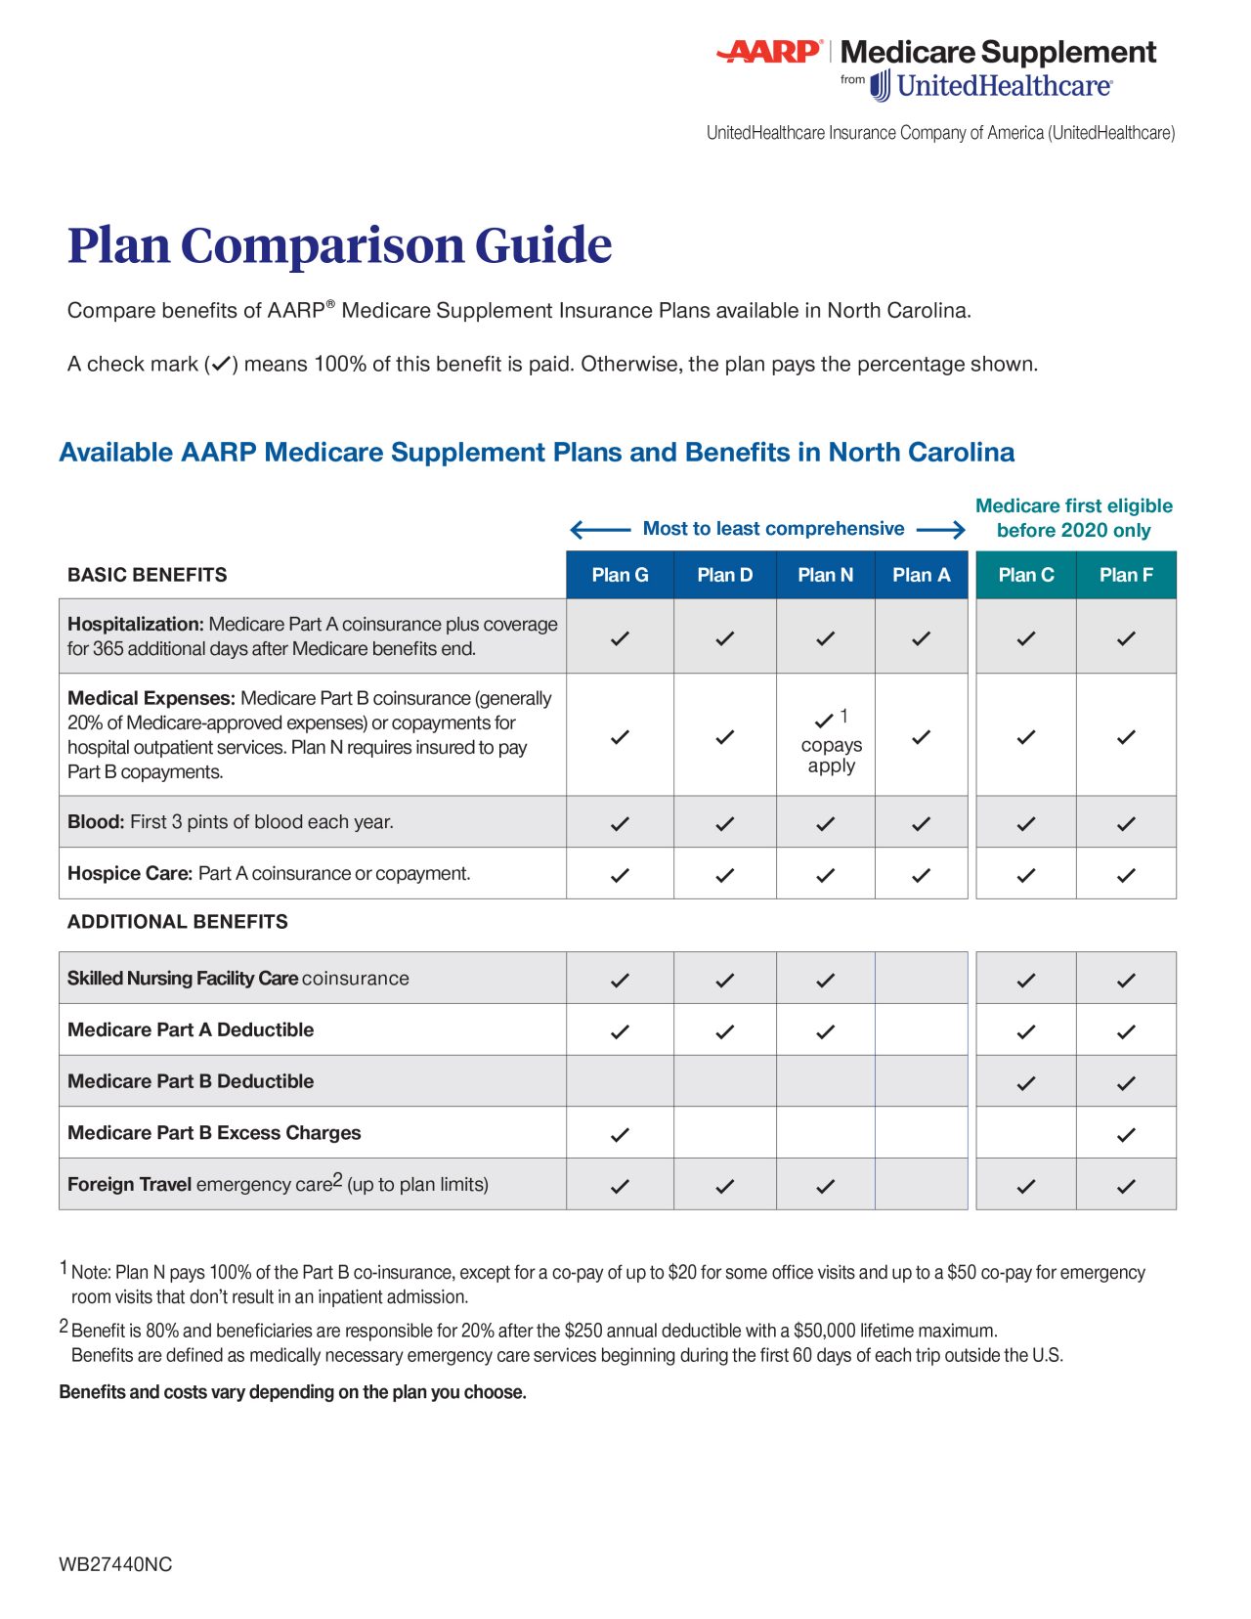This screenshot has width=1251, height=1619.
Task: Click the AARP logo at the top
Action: (769, 51)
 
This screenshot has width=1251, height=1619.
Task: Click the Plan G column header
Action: (620, 575)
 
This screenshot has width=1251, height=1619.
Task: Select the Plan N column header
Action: (825, 575)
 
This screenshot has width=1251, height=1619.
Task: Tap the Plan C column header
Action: (1025, 575)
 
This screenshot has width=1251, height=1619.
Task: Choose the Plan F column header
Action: (1126, 575)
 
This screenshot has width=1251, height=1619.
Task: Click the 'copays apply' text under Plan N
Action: (831, 755)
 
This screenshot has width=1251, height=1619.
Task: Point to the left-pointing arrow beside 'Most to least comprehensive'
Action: (599, 530)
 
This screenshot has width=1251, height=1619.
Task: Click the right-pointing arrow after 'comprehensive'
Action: (941, 530)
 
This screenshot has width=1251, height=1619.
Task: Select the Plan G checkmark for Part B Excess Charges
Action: (620, 1134)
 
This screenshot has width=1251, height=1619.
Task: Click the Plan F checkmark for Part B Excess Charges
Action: (1126, 1134)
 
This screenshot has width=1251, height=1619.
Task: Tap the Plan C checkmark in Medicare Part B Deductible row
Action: (1025, 1082)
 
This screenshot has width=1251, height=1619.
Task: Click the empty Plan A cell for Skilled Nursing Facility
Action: (921, 979)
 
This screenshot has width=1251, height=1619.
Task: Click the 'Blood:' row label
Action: (95, 822)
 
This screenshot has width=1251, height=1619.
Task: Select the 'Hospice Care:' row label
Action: (129, 873)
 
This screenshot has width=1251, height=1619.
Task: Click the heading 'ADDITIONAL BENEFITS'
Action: (177, 922)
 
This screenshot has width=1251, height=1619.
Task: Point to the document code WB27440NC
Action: (115, 1564)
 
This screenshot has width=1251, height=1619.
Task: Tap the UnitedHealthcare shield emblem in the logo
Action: (881, 86)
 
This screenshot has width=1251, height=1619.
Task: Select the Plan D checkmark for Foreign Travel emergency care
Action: (724, 1186)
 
